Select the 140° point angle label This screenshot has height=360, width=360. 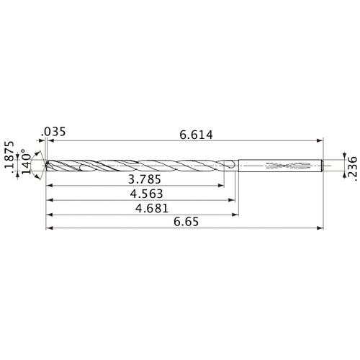[x=27, y=165]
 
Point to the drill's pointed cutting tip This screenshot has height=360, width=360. [x=45, y=166]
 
